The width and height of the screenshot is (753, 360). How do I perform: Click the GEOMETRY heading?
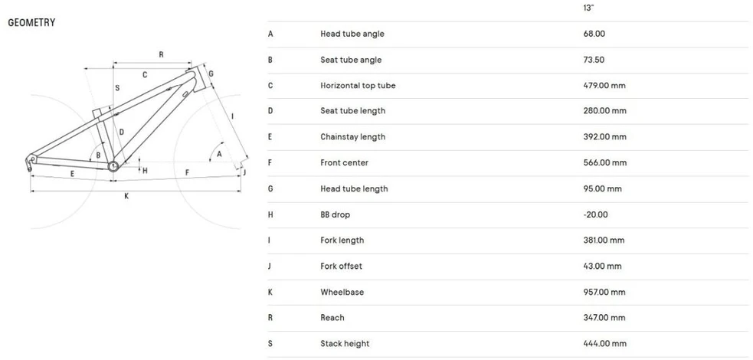coord(31,22)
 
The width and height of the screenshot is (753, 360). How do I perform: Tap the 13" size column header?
coord(589,8)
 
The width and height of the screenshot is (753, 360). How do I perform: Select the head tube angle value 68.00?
coord(594,34)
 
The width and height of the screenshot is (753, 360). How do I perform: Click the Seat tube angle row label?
coord(351,60)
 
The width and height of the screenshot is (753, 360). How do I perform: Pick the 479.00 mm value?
coord(604,86)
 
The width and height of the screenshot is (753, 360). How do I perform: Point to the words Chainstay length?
coord(353,137)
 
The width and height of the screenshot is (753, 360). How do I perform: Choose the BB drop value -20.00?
coord(595,214)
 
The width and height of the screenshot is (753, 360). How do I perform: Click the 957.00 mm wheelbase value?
coord(604,292)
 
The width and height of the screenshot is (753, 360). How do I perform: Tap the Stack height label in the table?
coord(345,344)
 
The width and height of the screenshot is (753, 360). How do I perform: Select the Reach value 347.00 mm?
coord(604,318)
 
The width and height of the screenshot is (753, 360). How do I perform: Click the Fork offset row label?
coord(342,266)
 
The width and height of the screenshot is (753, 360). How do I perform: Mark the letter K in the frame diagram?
coord(127,196)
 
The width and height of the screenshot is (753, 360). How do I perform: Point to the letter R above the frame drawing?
coord(162,54)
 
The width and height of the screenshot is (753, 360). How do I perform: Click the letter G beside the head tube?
coord(211,74)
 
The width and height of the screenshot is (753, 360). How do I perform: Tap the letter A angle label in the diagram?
coord(219,154)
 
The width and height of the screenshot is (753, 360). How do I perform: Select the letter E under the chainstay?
coord(72,174)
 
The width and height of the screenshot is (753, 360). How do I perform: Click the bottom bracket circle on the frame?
coord(113,166)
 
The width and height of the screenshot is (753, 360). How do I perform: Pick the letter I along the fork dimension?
coord(232,116)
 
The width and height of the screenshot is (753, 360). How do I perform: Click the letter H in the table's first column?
coord(270,214)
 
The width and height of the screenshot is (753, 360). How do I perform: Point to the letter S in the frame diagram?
coord(117,88)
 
